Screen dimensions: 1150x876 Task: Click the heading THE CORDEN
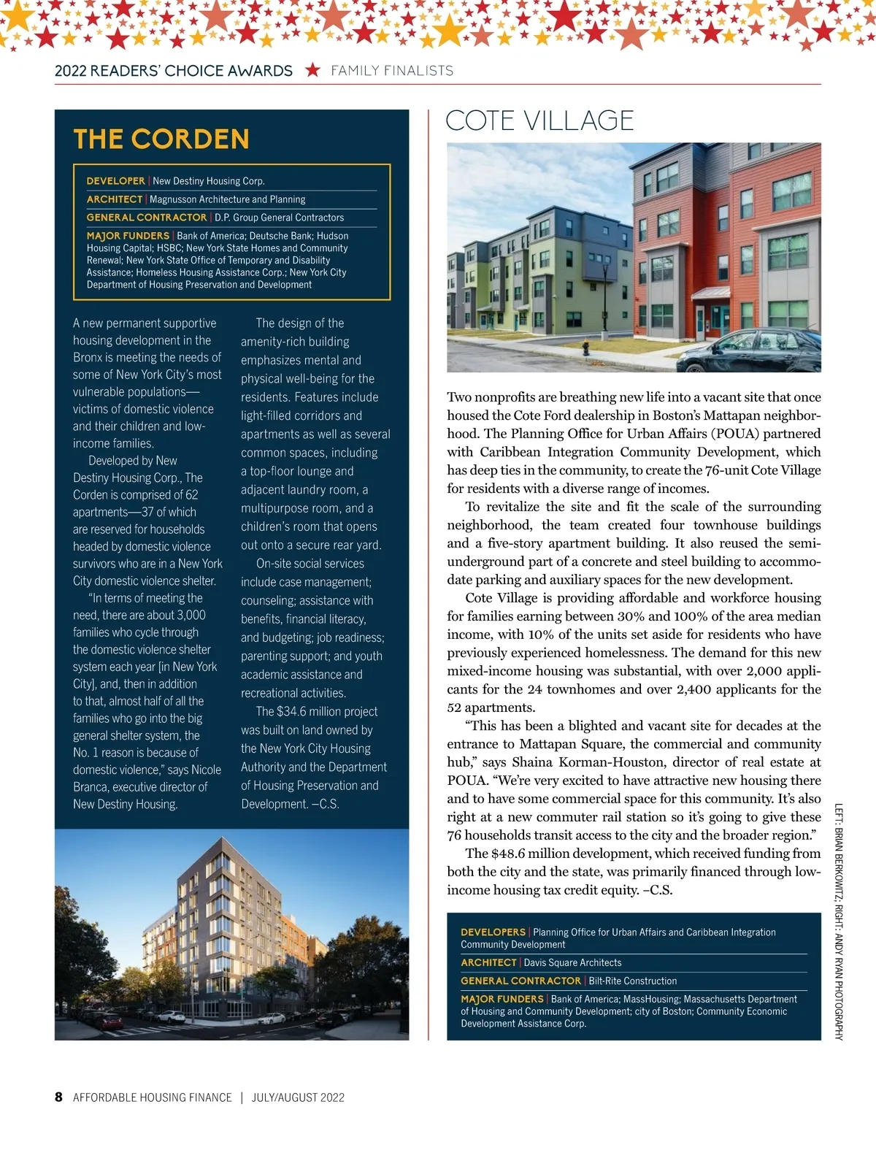161,139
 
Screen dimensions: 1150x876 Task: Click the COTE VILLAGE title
539,120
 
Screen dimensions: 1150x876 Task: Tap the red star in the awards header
312,70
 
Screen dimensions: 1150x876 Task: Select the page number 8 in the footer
58,1097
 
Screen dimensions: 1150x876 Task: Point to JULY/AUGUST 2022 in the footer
298,1097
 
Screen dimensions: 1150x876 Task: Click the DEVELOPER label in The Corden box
115,181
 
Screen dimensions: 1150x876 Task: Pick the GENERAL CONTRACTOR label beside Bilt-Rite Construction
520,981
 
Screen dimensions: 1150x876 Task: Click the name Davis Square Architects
572,962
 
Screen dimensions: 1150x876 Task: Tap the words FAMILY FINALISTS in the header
392,71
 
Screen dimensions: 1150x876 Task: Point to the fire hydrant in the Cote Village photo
585,349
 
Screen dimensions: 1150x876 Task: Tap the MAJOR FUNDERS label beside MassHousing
502,999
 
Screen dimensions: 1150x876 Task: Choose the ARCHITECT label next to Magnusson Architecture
115,199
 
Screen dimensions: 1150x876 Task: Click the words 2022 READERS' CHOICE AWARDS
174,71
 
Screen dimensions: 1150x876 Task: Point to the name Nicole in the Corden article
206,770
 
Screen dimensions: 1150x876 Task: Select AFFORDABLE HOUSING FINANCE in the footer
153,1097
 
